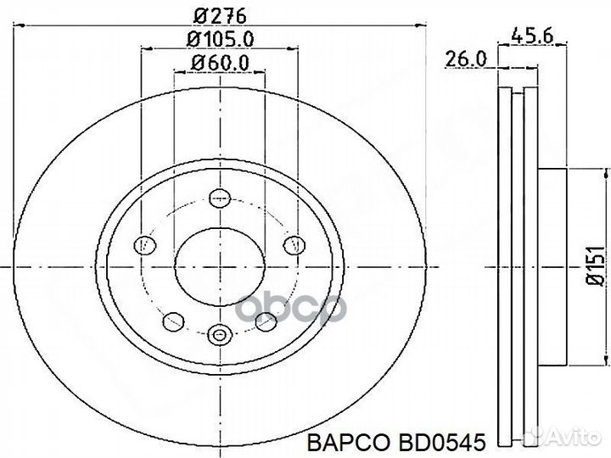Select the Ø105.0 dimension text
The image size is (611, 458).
click(223, 39)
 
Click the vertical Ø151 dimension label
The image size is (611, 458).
click(595, 267)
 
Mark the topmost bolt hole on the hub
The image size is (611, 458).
click(221, 198)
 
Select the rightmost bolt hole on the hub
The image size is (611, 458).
click(294, 245)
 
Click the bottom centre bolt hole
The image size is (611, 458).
click(221, 334)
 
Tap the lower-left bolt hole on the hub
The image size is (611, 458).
click(174, 321)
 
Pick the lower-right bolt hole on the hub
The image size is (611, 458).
click(266, 321)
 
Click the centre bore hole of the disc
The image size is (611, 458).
click(220, 266)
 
